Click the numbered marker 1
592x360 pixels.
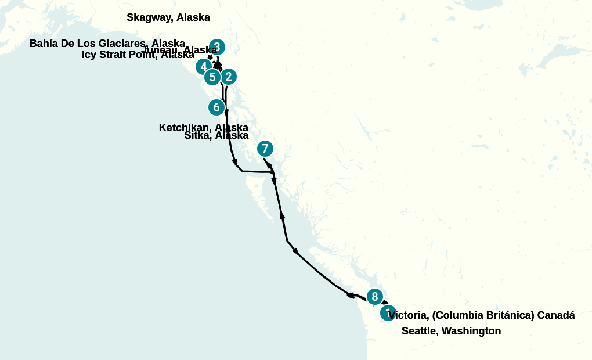coord(388,313)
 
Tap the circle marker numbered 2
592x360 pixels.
coord(229,77)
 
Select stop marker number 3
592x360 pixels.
coord(216,47)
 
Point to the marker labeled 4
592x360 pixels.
coord(203,67)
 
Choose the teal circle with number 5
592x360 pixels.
coord(212,77)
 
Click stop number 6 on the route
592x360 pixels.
coord(216,107)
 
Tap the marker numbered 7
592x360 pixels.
coord(265,149)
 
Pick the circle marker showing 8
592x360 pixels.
coord(374,297)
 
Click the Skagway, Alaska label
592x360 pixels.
coord(168,17)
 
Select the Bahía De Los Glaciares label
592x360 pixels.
coord(107,44)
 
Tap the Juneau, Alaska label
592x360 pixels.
coord(179,50)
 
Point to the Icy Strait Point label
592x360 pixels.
coord(138,55)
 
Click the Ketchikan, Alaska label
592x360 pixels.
coord(203,127)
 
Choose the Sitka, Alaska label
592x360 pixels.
coord(216,135)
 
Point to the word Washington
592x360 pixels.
coord(471,331)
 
